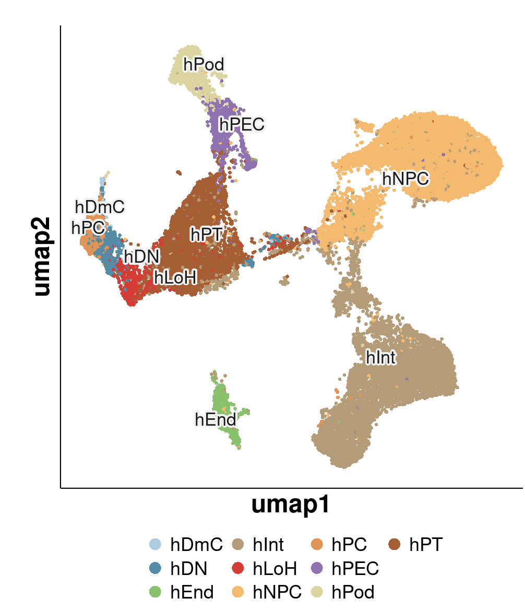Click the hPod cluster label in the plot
204,65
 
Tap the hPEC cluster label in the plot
241,124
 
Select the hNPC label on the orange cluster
404,178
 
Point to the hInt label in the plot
381,357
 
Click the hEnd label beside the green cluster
216,419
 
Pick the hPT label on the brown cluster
206,234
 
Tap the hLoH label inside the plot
174,278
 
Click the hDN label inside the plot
141,257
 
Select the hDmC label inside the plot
100,207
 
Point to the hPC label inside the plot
87,228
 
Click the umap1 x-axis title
290,505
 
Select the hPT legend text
426,545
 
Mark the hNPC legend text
277,592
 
